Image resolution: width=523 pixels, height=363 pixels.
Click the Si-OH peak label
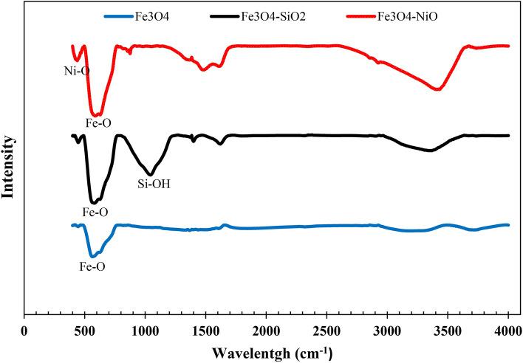click(154, 184)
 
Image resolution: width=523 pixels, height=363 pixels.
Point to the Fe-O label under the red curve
click(97, 124)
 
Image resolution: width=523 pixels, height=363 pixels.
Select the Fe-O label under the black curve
click(95, 212)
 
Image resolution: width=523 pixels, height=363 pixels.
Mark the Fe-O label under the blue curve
click(92, 266)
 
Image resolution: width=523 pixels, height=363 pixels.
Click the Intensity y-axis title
click(10, 166)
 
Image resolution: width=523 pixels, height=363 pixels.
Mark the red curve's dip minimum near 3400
click(438, 89)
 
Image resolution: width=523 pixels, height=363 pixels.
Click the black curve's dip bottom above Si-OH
click(151, 174)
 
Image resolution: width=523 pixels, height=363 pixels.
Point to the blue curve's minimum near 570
click(92, 256)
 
